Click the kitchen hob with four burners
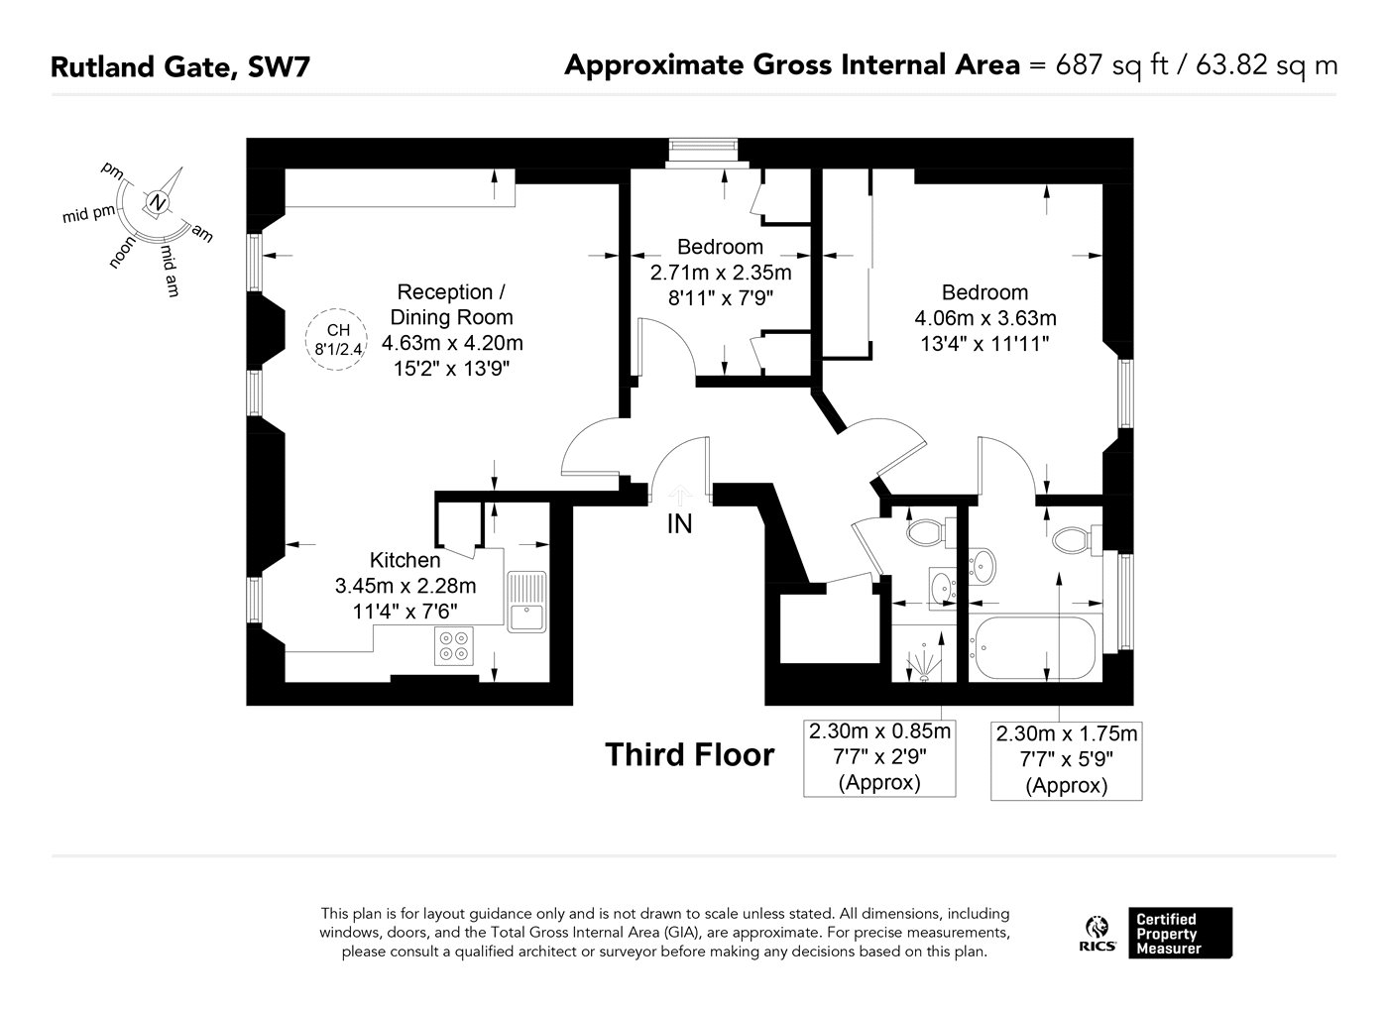coord(454,646)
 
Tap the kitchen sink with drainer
coord(526,602)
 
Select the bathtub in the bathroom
coord(1035,647)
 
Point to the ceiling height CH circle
coord(336,340)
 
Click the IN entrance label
coord(679,524)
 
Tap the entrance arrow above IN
coord(680,496)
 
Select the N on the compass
coord(158,202)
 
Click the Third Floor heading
coord(690,754)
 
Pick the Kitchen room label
coord(405,560)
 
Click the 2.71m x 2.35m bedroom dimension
coord(721,273)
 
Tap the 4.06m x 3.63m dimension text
coord(985,318)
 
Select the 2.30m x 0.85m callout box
coord(879,758)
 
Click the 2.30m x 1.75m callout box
coord(1067,761)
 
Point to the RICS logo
coord(1098,934)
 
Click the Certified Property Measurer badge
coord(1180,933)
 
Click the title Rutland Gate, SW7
coord(179,67)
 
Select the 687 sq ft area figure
coord(1111,65)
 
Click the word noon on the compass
coord(121,252)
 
